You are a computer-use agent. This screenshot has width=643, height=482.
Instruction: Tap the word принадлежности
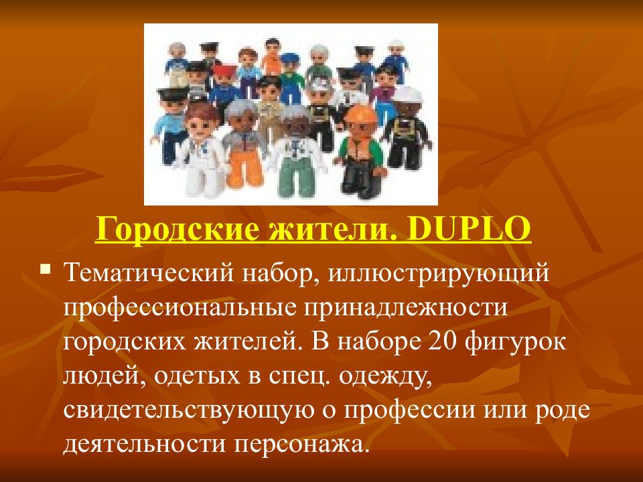pyautogui.click(x=410, y=309)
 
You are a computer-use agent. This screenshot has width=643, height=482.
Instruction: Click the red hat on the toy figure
pyautogui.click(x=225, y=70)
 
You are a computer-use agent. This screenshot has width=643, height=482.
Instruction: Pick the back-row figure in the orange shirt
pyautogui.click(x=271, y=57)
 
